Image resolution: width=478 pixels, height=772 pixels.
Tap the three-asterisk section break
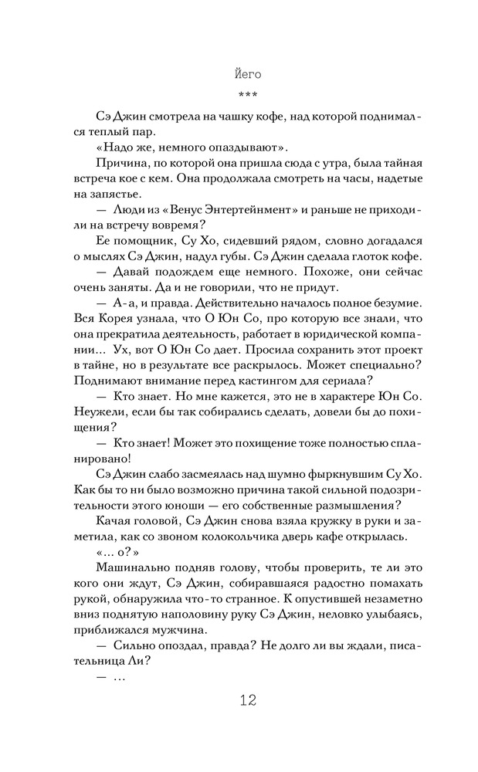pyautogui.click(x=247, y=96)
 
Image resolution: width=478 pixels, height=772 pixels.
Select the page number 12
pyautogui.click(x=247, y=700)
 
